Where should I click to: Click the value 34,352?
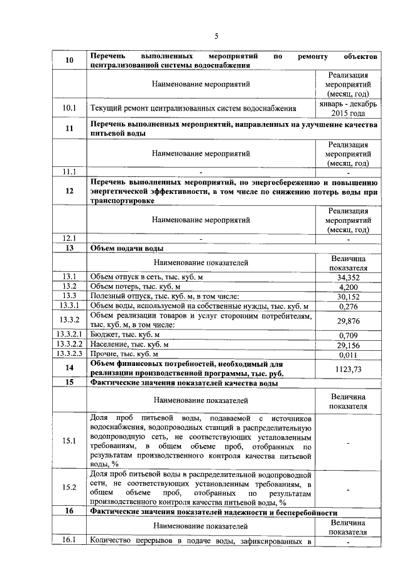347,277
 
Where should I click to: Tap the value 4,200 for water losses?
347,287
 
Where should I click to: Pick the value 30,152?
347,296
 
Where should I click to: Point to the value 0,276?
347,306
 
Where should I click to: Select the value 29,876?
347,321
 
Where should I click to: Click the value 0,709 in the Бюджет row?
347,336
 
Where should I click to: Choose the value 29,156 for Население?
347,345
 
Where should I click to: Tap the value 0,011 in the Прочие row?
347,355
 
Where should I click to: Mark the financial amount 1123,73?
347,368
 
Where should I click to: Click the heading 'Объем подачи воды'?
129,249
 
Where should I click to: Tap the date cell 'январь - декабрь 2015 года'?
347,108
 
